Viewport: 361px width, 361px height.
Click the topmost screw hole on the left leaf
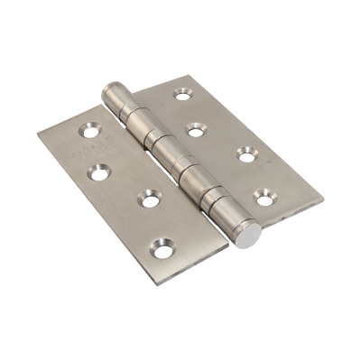click(x=92, y=129)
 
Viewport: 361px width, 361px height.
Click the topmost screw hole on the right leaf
click(x=183, y=93)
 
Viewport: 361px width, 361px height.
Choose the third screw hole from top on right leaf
click(x=245, y=153)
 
